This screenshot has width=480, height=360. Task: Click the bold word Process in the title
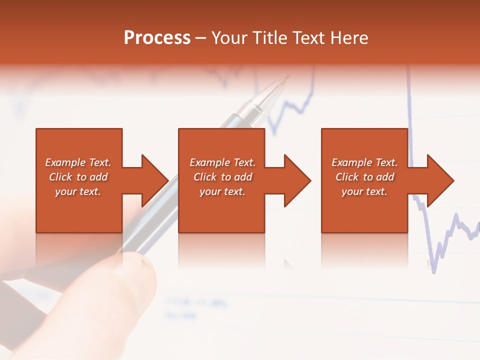[x=157, y=38]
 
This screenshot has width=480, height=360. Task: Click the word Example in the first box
[x=65, y=162]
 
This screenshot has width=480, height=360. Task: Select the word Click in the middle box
[x=204, y=177]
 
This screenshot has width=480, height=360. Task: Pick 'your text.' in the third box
[x=364, y=191]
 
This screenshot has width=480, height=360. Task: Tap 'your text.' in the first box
[x=78, y=191]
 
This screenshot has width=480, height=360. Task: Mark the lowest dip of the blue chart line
[x=433, y=271]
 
